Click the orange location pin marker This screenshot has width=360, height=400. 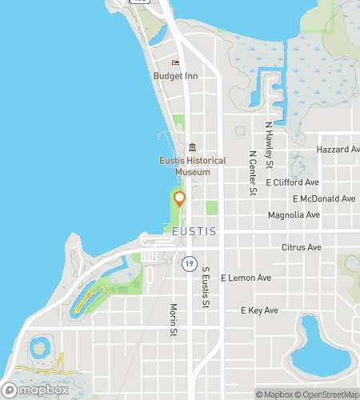180,198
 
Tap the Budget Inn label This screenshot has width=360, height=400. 175,77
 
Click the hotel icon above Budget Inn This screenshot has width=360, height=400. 176,64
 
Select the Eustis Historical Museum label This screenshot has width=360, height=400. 192,166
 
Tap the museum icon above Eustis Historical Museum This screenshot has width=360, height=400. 192,148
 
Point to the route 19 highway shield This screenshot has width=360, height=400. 189,262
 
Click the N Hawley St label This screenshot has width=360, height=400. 270,145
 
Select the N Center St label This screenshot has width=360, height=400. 252,173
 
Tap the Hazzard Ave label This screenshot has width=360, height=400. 338,150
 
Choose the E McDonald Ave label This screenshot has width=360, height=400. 324,198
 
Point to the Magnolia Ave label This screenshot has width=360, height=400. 294,214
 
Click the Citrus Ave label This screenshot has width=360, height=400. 301,249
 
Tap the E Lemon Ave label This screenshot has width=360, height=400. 246,278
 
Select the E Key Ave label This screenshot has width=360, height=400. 259,310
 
